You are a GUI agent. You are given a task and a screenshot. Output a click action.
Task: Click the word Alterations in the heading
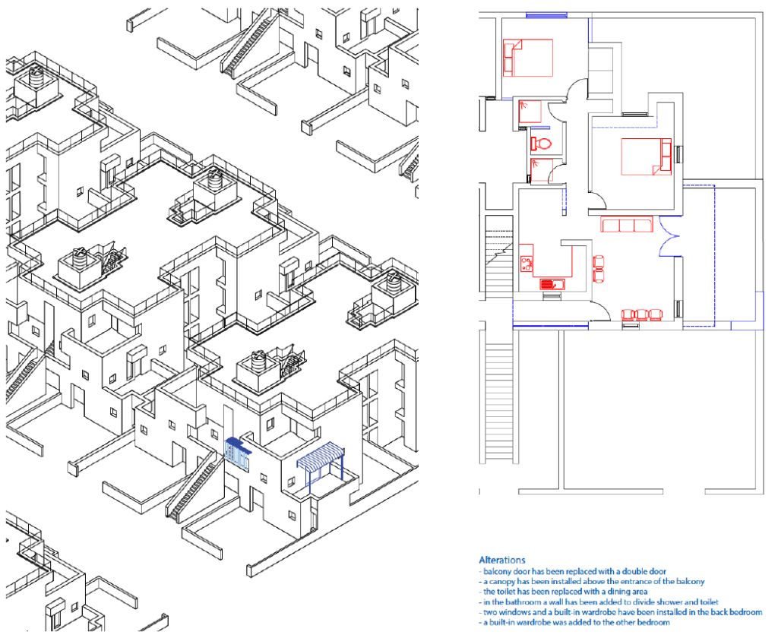(x=501, y=560)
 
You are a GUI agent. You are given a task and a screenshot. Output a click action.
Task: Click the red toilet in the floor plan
(x=541, y=144)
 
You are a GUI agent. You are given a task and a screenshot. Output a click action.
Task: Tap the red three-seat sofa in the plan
(x=626, y=224)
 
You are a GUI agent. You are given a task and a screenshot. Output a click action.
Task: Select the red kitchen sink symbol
(x=551, y=284)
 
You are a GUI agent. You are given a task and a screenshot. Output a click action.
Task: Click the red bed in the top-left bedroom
(x=528, y=58)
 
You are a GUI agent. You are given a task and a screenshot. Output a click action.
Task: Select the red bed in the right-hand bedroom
(x=647, y=156)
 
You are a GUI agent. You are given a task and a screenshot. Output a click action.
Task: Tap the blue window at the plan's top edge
(x=546, y=15)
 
